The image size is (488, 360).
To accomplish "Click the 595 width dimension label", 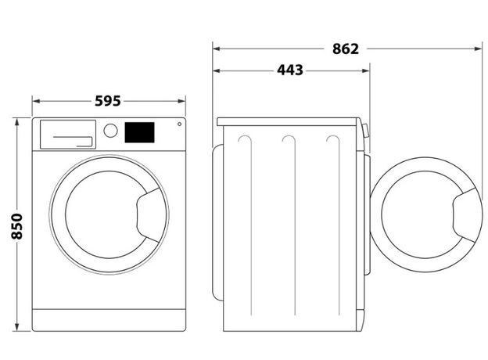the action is coord(108,101).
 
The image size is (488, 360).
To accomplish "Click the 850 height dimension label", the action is coord(16,226).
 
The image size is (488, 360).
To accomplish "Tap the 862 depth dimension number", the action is coord(346,49).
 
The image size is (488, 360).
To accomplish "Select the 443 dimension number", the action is coord(290,70).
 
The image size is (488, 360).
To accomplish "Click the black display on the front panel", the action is coord(139,132).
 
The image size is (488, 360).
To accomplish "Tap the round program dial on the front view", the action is coord(110,131).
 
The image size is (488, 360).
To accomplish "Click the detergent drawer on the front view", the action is coord(68,135).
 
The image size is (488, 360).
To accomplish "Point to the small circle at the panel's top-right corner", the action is coord(180,124).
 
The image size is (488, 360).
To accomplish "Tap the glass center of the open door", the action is coord(417,214).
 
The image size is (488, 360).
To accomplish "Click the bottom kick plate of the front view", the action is coord(109,320).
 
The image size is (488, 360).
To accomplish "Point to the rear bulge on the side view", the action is coord(218,222).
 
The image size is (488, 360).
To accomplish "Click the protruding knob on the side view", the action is coord(366,131).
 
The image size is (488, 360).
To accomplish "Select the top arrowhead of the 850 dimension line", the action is coord(16,122).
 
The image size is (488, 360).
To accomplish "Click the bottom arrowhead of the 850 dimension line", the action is coord(16,327).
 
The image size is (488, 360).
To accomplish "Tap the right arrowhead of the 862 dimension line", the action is coord(479,49).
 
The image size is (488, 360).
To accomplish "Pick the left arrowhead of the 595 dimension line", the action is coord(37,101).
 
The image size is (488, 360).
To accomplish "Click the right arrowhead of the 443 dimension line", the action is coord(366,70).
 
